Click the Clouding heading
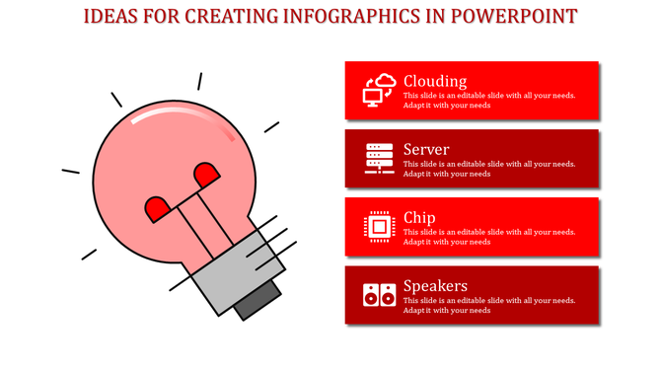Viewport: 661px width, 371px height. tap(435, 81)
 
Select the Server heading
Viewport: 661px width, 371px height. tap(426, 149)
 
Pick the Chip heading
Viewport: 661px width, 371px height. tap(419, 217)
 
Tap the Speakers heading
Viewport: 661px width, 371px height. tap(435, 285)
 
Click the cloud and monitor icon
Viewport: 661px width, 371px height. tap(379, 90)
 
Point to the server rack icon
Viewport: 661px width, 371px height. tap(379, 158)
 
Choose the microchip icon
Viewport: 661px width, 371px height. tap(379, 226)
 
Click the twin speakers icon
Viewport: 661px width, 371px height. tap(379, 294)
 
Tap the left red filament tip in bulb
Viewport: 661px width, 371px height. tap(157, 208)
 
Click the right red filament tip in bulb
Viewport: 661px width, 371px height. tap(206, 176)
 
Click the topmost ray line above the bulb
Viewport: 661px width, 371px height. tap(199, 81)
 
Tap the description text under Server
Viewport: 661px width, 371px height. tap(489, 169)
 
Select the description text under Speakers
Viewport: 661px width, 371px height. tap(489, 305)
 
